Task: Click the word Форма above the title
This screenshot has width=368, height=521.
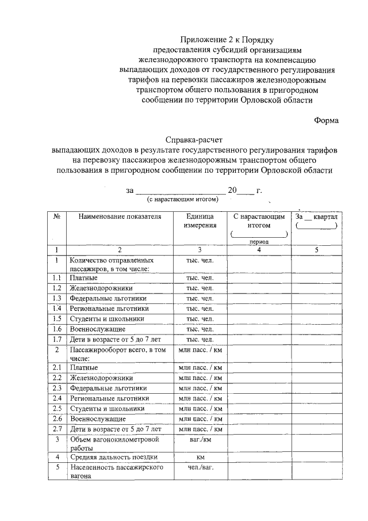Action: click(x=326, y=120)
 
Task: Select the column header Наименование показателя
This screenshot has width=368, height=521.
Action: click(x=120, y=216)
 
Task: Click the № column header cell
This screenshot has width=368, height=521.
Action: click(x=57, y=216)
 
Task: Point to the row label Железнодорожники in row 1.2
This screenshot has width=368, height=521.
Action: click(x=101, y=288)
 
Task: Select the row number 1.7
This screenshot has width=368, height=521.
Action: click(x=57, y=339)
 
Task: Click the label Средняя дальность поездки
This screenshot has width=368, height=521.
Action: click(x=114, y=457)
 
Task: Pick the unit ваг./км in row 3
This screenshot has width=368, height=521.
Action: click(x=200, y=439)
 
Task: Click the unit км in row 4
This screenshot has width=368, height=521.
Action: click(x=200, y=457)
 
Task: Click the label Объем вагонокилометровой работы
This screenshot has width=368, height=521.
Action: click(x=114, y=444)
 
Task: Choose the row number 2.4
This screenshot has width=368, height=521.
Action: click(x=57, y=398)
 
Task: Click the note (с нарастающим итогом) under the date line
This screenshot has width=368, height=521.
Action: click(x=183, y=199)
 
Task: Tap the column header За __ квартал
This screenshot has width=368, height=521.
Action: click(x=317, y=216)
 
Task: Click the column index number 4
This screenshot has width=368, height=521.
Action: click(x=259, y=250)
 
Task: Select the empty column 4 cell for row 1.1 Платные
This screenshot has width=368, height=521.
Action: click(x=259, y=277)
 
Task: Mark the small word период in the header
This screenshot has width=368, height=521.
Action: click(x=259, y=242)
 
